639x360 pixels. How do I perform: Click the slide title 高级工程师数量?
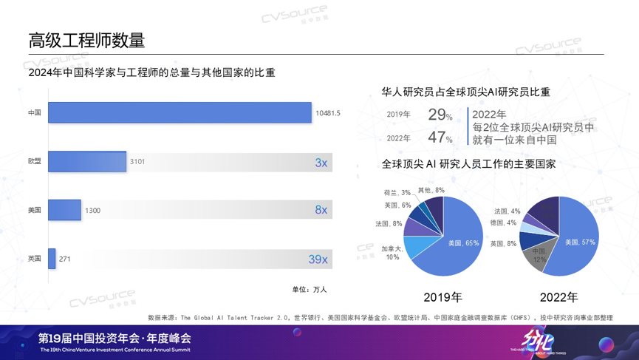(86, 40)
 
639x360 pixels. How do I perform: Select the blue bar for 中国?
(180, 113)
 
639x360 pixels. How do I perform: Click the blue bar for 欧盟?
(86, 161)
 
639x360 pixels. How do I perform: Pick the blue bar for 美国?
(64, 210)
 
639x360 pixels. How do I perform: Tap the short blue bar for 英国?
(52, 259)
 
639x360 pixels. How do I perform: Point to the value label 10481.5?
(327, 113)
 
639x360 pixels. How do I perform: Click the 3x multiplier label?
(321, 162)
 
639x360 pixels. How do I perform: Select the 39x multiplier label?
(318, 259)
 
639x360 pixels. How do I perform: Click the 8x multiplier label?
(321, 210)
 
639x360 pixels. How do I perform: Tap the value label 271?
(65, 259)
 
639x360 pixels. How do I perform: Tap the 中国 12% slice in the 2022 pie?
(538, 256)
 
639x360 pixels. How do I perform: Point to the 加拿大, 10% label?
(392, 253)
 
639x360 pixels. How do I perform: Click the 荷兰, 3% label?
(396, 193)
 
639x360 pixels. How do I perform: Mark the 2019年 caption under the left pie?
(442, 297)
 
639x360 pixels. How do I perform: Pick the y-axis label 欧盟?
(34, 161)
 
